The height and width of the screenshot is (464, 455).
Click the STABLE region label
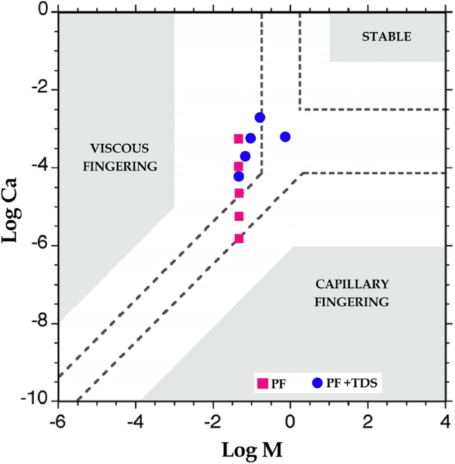pyautogui.click(x=387, y=36)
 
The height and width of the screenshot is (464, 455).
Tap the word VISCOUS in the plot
pyautogui.click(x=120, y=148)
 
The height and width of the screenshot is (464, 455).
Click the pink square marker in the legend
pyautogui.click(x=262, y=383)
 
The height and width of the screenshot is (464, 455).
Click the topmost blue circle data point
pyautogui.click(x=260, y=117)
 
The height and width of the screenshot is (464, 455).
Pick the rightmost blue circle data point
pyautogui.click(x=286, y=137)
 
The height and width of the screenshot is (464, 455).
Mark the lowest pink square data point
pyautogui.click(x=239, y=239)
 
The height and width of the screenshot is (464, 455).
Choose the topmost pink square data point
pyautogui.click(x=239, y=139)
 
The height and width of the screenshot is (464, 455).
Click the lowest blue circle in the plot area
pyautogui.click(x=238, y=176)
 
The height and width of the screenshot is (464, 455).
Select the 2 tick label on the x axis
pyautogui.click(x=367, y=420)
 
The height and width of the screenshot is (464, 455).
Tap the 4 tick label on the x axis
pyautogui.click(x=445, y=420)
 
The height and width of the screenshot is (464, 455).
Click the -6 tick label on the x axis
pyautogui.click(x=58, y=420)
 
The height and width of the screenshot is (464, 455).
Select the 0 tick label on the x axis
pyautogui.click(x=290, y=420)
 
